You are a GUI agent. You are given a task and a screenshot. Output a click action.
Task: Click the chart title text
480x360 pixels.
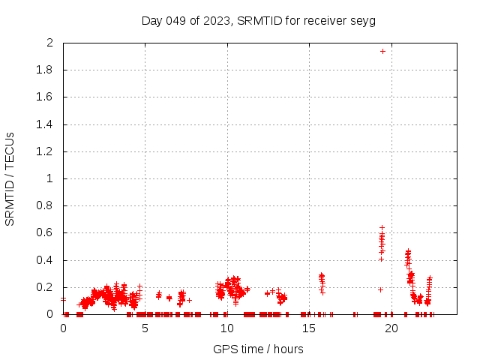[x=259, y=20]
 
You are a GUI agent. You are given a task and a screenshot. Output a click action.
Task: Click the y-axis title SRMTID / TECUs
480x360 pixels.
[x=10, y=178]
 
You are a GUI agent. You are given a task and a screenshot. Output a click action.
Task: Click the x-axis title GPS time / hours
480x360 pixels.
[x=259, y=349]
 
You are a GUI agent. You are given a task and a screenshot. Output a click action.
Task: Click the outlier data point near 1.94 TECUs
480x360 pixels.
[x=382, y=51]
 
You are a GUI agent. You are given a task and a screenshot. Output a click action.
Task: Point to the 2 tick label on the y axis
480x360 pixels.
[x=49, y=43]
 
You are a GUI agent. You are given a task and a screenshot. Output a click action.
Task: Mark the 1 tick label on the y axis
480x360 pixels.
[x=49, y=178]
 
